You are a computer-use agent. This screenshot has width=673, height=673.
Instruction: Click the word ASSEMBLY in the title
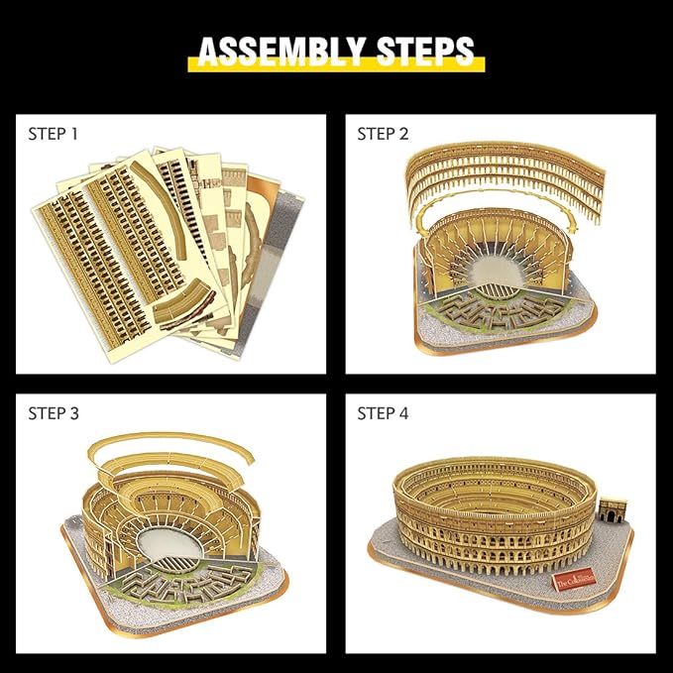point(280,51)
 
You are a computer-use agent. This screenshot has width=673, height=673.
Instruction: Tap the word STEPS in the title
point(423,51)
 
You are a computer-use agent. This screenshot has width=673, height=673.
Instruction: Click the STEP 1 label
point(53,133)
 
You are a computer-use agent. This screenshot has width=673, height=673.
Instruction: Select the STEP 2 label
point(383,134)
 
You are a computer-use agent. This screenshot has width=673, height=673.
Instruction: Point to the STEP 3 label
point(53,413)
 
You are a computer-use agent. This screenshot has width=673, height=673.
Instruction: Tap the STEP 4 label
point(383,413)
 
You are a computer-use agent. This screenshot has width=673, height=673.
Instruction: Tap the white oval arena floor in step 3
point(168,539)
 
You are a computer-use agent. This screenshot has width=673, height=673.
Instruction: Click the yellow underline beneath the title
point(336,67)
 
